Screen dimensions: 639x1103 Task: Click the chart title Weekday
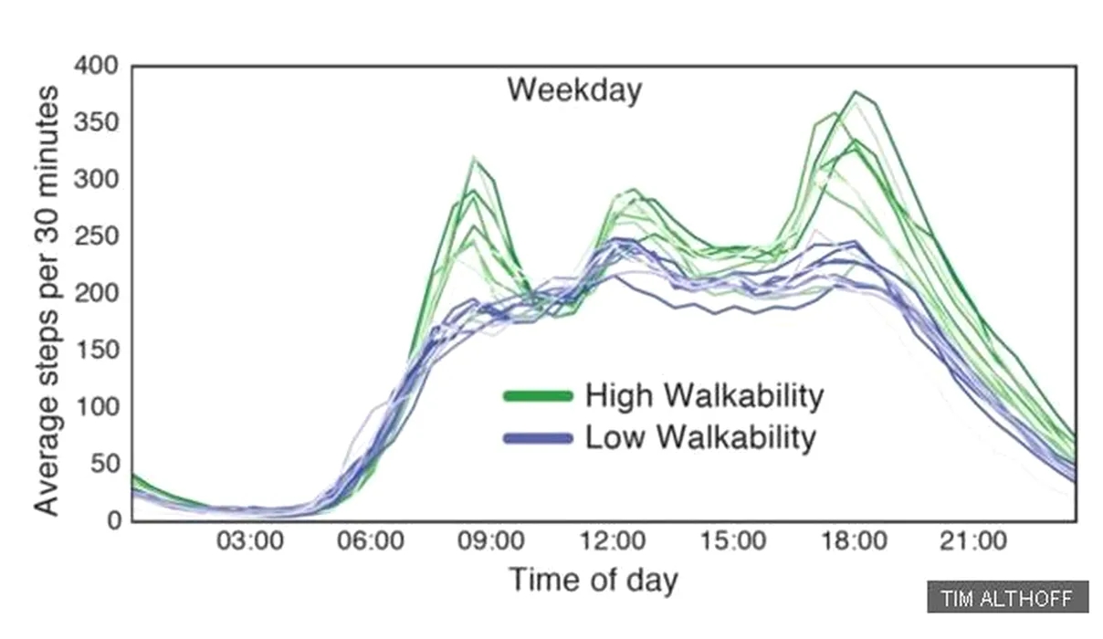coord(574,90)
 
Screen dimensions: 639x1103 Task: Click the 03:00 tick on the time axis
coord(250,541)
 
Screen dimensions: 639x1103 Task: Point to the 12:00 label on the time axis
coord(615,541)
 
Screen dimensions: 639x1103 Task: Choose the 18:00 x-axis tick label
coord(856,541)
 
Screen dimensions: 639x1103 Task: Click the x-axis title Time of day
coord(593,581)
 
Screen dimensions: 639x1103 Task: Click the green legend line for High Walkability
coord(538,396)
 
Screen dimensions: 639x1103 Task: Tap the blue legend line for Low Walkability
coord(538,438)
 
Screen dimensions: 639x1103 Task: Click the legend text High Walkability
coord(704,396)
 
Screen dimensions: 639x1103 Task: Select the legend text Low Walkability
coord(700,438)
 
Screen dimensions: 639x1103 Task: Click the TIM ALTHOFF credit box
coord(1008,599)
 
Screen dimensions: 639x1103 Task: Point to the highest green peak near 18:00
coord(856,92)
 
